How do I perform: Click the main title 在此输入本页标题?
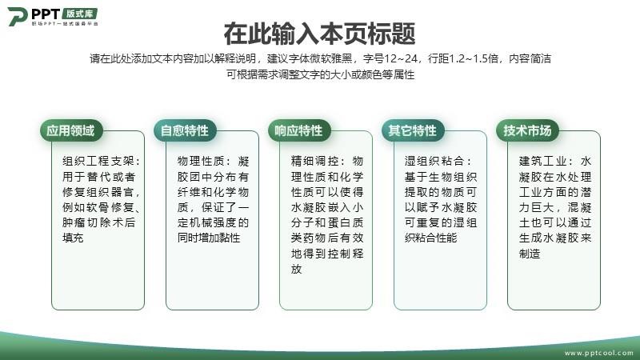[319, 34]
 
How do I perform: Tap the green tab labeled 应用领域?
[71, 130]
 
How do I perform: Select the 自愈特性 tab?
[185, 130]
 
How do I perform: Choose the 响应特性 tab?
[298, 130]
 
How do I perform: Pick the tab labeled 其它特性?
[413, 130]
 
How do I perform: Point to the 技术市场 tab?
[527, 130]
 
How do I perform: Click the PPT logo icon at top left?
[18, 16]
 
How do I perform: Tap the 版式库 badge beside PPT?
[80, 14]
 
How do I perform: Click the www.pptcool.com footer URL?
[598, 353]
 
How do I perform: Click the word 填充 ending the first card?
[73, 238]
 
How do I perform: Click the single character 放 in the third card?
[296, 269]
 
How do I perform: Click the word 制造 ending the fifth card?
[530, 254]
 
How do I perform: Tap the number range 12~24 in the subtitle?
[401, 58]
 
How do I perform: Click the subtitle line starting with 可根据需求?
[321, 74]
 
